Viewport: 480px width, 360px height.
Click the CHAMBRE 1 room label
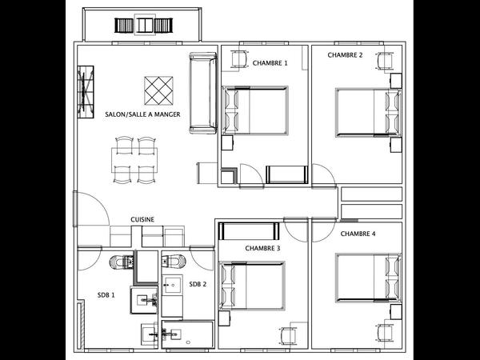pyautogui.click(x=270, y=62)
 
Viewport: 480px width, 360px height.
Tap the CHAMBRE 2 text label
pyautogui.click(x=345, y=55)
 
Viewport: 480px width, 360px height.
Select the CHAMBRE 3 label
pyautogui.click(x=262, y=248)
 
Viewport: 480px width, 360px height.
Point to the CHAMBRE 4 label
pyautogui.click(x=358, y=234)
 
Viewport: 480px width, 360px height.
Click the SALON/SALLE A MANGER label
pyautogui.click(x=142, y=114)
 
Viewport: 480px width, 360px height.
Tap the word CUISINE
pyautogui.click(x=142, y=218)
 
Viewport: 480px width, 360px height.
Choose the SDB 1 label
pyautogui.click(x=106, y=294)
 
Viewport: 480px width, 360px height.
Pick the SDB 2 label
pyautogui.click(x=198, y=284)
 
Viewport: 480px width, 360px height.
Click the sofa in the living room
pyautogui.click(x=202, y=94)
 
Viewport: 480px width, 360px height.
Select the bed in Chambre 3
pyautogui.click(x=254, y=286)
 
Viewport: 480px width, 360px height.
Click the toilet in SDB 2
pyautogui.click(x=175, y=260)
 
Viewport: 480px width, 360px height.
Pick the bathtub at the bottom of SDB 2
pyautogui.click(x=187, y=334)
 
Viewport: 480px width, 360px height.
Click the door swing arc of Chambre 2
pyautogui.click(x=322, y=175)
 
